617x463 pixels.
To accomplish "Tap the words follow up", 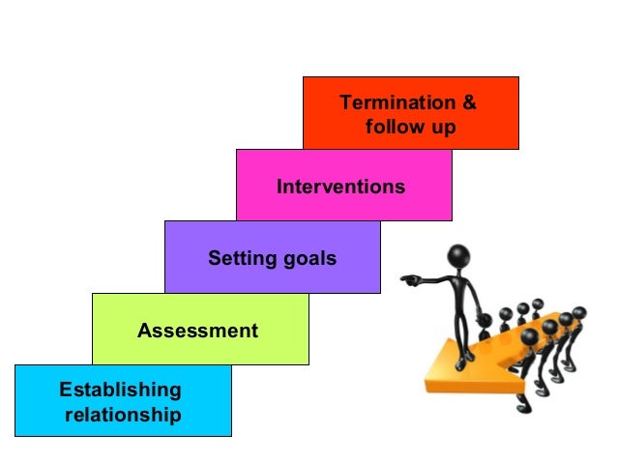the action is [410, 127].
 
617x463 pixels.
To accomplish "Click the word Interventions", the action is [341, 186].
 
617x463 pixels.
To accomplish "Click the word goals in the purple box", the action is [308, 258].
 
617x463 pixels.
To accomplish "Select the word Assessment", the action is [197, 331].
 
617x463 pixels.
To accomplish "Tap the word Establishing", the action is [120, 391].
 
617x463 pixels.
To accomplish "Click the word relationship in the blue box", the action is [123, 416].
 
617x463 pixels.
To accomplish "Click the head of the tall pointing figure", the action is [458, 256].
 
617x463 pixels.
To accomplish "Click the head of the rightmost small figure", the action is [579, 312].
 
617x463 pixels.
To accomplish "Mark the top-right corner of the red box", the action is [518, 77].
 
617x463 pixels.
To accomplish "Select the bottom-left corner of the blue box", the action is [15, 437].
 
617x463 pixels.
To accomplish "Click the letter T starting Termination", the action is [344, 102].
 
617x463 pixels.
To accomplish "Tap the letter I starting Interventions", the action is [279, 186].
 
